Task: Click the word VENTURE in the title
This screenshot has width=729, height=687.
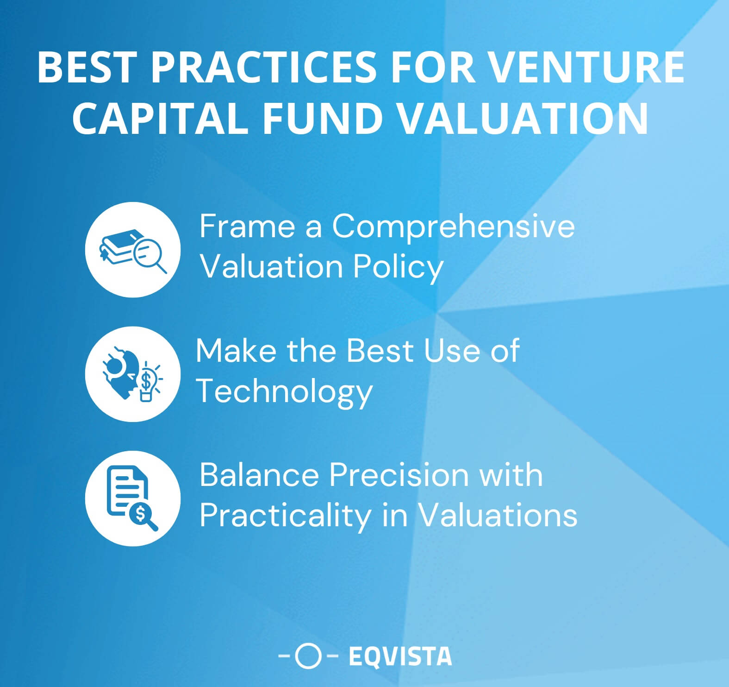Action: click(x=586, y=68)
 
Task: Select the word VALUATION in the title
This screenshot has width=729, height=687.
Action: click(x=523, y=119)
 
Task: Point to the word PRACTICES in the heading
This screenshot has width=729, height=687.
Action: click(x=263, y=68)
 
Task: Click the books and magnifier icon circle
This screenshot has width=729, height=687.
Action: click(x=133, y=250)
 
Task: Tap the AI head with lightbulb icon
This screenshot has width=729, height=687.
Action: click(x=133, y=374)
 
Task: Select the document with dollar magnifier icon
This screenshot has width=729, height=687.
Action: click(x=133, y=498)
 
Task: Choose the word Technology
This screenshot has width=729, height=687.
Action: click(x=284, y=392)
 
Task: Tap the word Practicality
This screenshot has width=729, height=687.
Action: click(x=285, y=516)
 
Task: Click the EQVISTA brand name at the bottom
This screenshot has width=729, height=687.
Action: click(x=400, y=656)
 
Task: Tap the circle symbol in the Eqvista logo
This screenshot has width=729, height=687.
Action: click(x=308, y=656)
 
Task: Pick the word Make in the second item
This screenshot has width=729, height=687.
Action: click(x=235, y=351)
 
